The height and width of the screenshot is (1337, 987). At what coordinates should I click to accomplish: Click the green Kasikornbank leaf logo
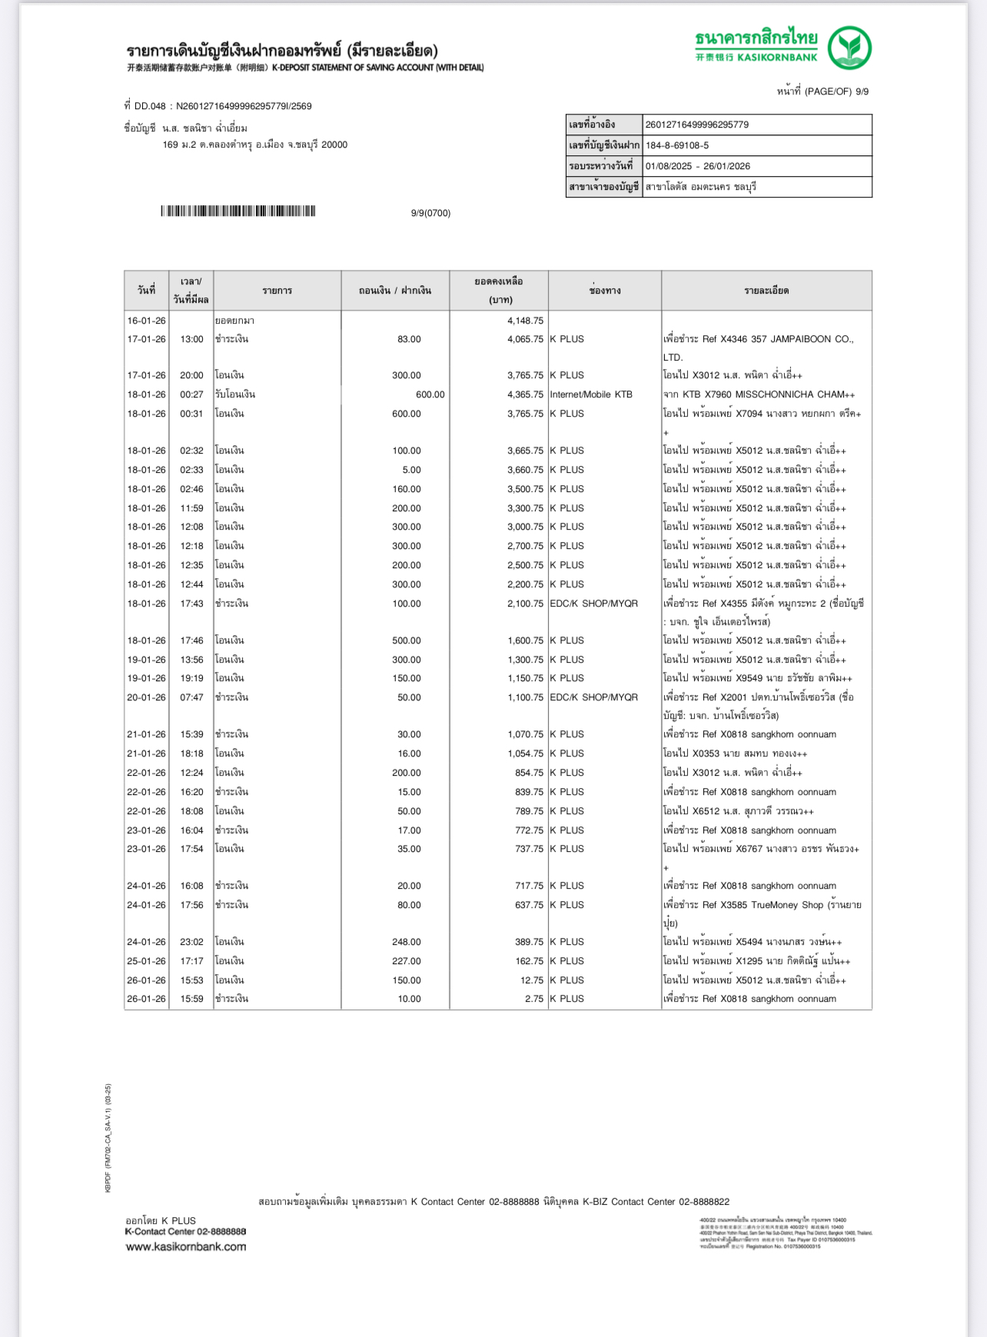[x=849, y=48]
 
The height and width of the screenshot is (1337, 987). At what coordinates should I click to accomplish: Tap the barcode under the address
[x=238, y=211]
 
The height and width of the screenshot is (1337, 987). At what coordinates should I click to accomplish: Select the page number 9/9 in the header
[x=862, y=91]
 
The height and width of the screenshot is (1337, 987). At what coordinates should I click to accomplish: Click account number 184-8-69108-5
[x=677, y=145]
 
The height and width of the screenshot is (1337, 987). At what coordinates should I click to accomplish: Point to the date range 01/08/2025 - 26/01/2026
[x=698, y=166]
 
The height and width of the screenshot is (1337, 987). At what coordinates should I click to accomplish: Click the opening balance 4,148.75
[x=525, y=321]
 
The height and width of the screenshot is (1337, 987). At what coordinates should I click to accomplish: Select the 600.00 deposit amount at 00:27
[x=430, y=394]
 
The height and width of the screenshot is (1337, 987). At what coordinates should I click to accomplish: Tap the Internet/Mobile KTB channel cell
[x=591, y=394]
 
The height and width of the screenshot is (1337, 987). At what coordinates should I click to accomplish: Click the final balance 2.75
[x=534, y=999]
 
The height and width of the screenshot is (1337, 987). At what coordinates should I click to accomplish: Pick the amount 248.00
[x=407, y=942]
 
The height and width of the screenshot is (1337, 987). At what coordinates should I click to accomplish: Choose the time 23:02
[x=192, y=942]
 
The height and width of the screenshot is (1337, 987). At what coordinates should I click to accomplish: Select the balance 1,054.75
[x=525, y=753]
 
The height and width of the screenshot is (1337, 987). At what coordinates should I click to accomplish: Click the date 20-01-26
[x=146, y=697]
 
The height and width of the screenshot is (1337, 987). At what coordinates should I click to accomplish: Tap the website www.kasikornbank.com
[x=186, y=1247]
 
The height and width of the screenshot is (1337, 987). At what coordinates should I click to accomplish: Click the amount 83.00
[x=409, y=339]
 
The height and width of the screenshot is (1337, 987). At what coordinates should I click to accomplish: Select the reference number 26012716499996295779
[x=697, y=125]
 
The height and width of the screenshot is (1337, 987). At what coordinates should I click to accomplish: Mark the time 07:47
[x=192, y=697]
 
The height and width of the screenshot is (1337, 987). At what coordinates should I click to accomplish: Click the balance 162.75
[x=529, y=961]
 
